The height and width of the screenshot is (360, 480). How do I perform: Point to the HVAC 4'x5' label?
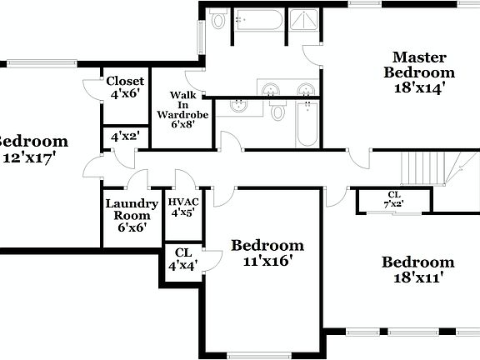(x=182, y=207)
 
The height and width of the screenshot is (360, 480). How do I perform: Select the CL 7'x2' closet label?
(x=393, y=199)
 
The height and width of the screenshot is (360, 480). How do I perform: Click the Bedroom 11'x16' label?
(x=267, y=252)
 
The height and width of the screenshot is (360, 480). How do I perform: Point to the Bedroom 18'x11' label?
(x=418, y=270)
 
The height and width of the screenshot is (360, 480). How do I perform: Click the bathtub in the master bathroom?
(x=258, y=19)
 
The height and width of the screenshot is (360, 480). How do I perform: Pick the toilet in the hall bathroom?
(x=278, y=111)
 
